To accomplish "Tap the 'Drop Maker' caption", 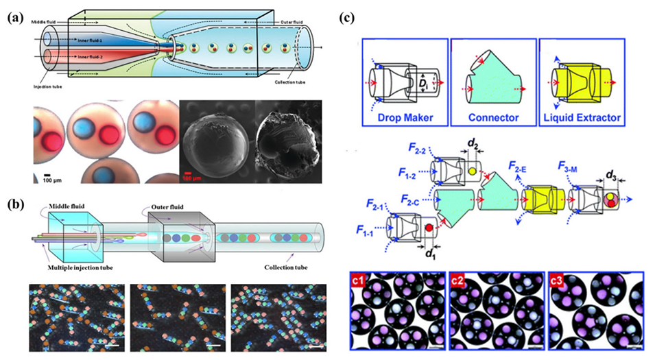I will point(403,117).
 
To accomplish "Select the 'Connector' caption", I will point(494,117).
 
